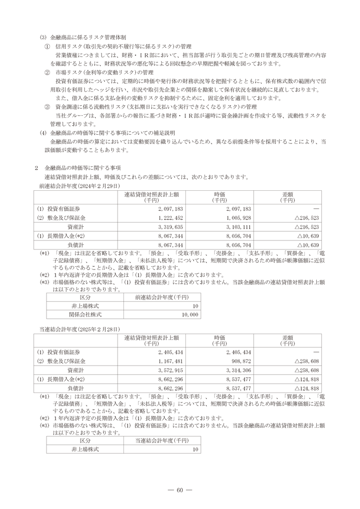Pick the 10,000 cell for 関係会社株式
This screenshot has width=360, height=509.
click(188, 314)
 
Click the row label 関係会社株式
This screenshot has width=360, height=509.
click(85, 314)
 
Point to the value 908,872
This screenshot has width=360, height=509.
click(240, 361)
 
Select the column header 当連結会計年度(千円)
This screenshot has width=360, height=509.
click(162, 441)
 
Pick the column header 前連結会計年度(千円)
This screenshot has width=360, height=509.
click(162, 297)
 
